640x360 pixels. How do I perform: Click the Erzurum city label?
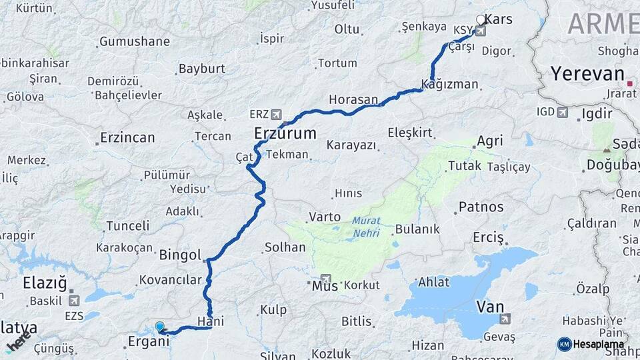(x=285, y=133)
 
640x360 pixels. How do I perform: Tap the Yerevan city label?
(x=587, y=73)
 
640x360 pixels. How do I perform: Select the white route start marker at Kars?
(x=481, y=20)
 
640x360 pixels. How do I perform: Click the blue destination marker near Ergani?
(x=159, y=327)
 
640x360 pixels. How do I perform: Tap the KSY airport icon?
(x=480, y=31)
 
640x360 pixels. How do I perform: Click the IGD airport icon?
(x=563, y=112)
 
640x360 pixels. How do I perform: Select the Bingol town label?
(x=180, y=255)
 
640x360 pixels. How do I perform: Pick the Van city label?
(x=489, y=307)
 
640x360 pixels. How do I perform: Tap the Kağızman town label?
(x=450, y=84)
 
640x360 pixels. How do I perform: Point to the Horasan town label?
(x=353, y=99)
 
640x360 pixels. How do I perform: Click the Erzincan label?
(x=127, y=138)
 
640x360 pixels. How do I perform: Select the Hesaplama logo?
(x=591, y=344)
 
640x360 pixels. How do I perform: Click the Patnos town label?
(x=481, y=207)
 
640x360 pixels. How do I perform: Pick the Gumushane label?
(x=134, y=41)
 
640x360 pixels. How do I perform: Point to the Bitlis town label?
(x=356, y=321)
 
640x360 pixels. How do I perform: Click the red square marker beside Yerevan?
(x=630, y=83)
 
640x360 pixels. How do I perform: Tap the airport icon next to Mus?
(x=325, y=279)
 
